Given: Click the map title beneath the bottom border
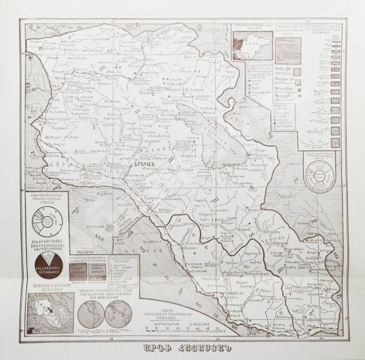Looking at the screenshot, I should [182, 347].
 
